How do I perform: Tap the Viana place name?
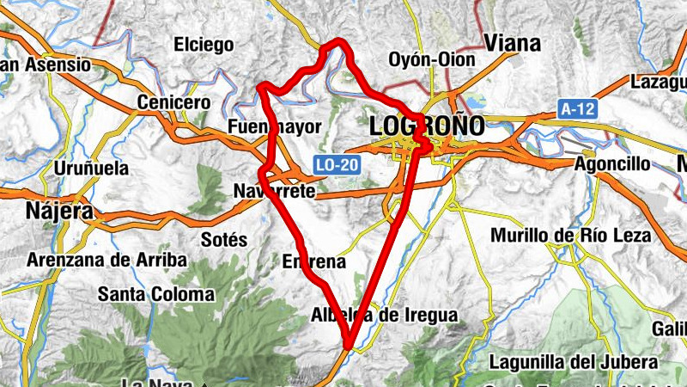(513, 43)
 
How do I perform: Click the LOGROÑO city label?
(426, 126)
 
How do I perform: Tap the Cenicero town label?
(173, 102)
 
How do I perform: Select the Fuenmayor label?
(275, 127)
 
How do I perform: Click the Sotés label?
(223, 239)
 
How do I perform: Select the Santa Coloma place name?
(155, 294)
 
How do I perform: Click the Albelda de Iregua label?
(384, 315)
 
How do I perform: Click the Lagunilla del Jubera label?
(575, 362)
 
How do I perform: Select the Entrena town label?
(313, 261)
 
